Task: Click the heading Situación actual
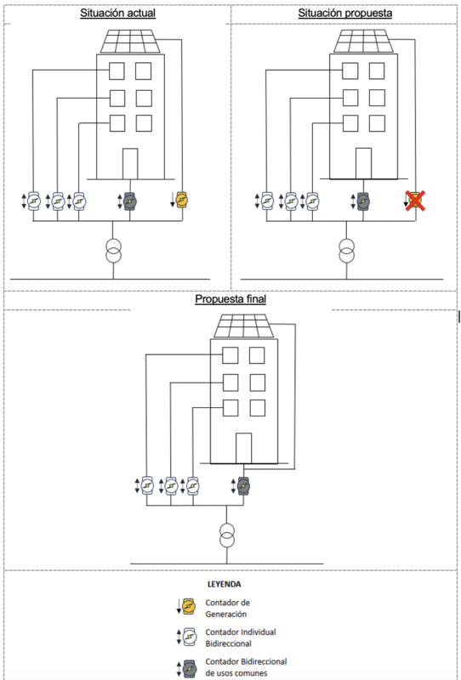click(117, 13)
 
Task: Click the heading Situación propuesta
click(345, 13)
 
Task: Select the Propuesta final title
click(230, 299)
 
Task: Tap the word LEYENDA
click(225, 584)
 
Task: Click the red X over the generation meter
click(415, 201)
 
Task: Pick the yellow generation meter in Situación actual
click(183, 200)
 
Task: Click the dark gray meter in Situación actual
click(130, 201)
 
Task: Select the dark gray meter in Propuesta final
click(243, 485)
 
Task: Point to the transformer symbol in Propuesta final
click(226, 535)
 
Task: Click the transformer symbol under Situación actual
click(113, 250)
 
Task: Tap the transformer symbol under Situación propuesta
click(346, 250)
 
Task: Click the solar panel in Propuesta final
click(244, 326)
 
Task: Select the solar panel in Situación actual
click(130, 42)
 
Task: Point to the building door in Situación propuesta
click(363, 163)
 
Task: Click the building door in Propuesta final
click(243, 448)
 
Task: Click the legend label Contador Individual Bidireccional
click(241, 637)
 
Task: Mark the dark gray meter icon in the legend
click(189, 669)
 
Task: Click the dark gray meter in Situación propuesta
click(363, 201)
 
